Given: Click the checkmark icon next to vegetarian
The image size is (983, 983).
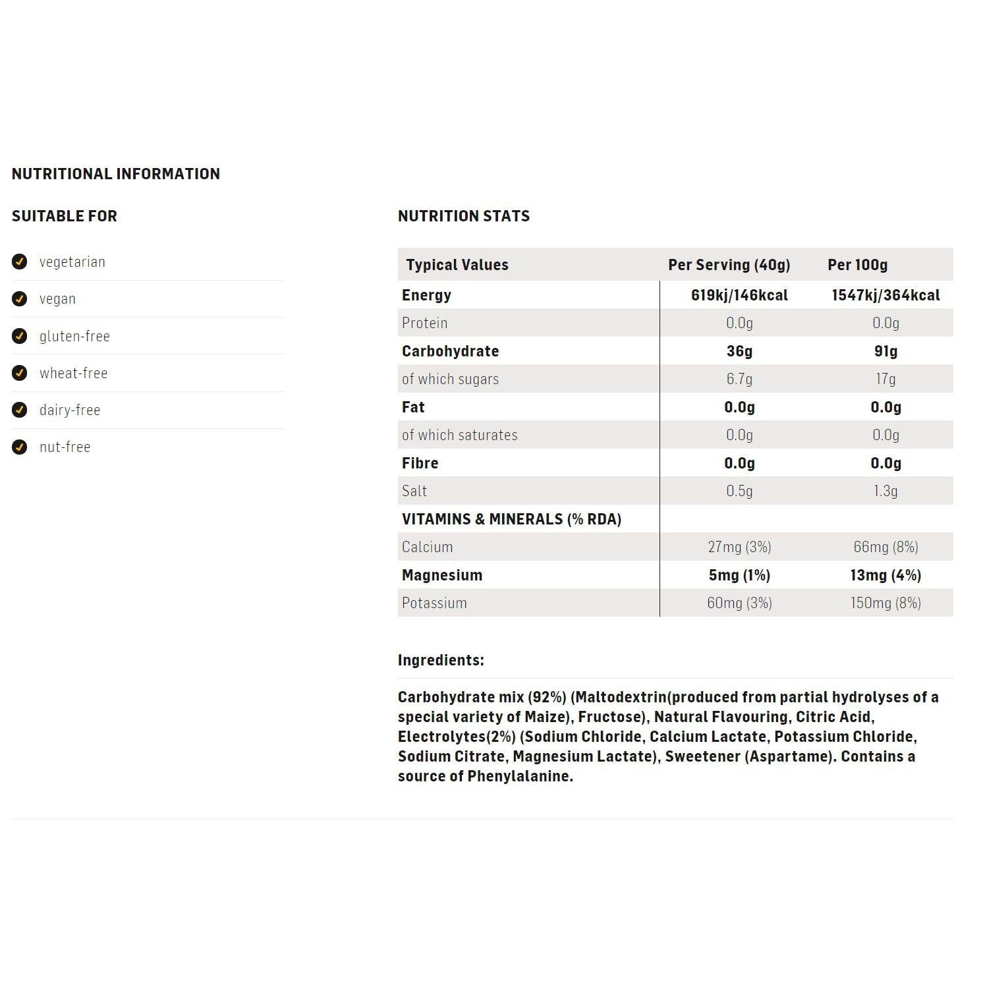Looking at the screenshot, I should tap(20, 262).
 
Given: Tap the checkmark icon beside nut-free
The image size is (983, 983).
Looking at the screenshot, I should tap(20, 447).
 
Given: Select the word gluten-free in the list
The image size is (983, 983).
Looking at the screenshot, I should tap(74, 336).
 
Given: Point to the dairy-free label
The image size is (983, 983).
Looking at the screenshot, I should tap(70, 410).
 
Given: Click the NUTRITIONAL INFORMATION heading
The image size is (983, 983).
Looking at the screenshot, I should tap(116, 174).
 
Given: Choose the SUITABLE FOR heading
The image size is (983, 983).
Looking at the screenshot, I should tap(65, 216).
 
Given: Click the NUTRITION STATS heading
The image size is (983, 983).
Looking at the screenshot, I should tap(464, 216).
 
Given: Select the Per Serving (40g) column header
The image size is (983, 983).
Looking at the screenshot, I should tap(729, 265).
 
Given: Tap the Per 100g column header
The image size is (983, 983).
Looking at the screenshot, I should tap(857, 265).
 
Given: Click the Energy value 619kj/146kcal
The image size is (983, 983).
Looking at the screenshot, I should tap(739, 295).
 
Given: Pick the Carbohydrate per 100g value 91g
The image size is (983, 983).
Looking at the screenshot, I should tap(885, 351).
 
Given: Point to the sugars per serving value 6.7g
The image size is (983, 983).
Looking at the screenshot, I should tap(739, 379).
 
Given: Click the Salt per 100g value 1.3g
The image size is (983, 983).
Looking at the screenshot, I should tap(885, 491).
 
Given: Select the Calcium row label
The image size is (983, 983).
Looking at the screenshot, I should tap(427, 547).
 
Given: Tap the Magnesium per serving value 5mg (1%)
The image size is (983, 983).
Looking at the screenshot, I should tap(739, 575).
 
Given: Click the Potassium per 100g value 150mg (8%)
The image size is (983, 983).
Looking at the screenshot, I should tap(885, 603).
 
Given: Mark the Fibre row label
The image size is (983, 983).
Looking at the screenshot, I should tap(420, 463).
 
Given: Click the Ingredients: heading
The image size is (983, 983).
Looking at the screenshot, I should tap(441, 660).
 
